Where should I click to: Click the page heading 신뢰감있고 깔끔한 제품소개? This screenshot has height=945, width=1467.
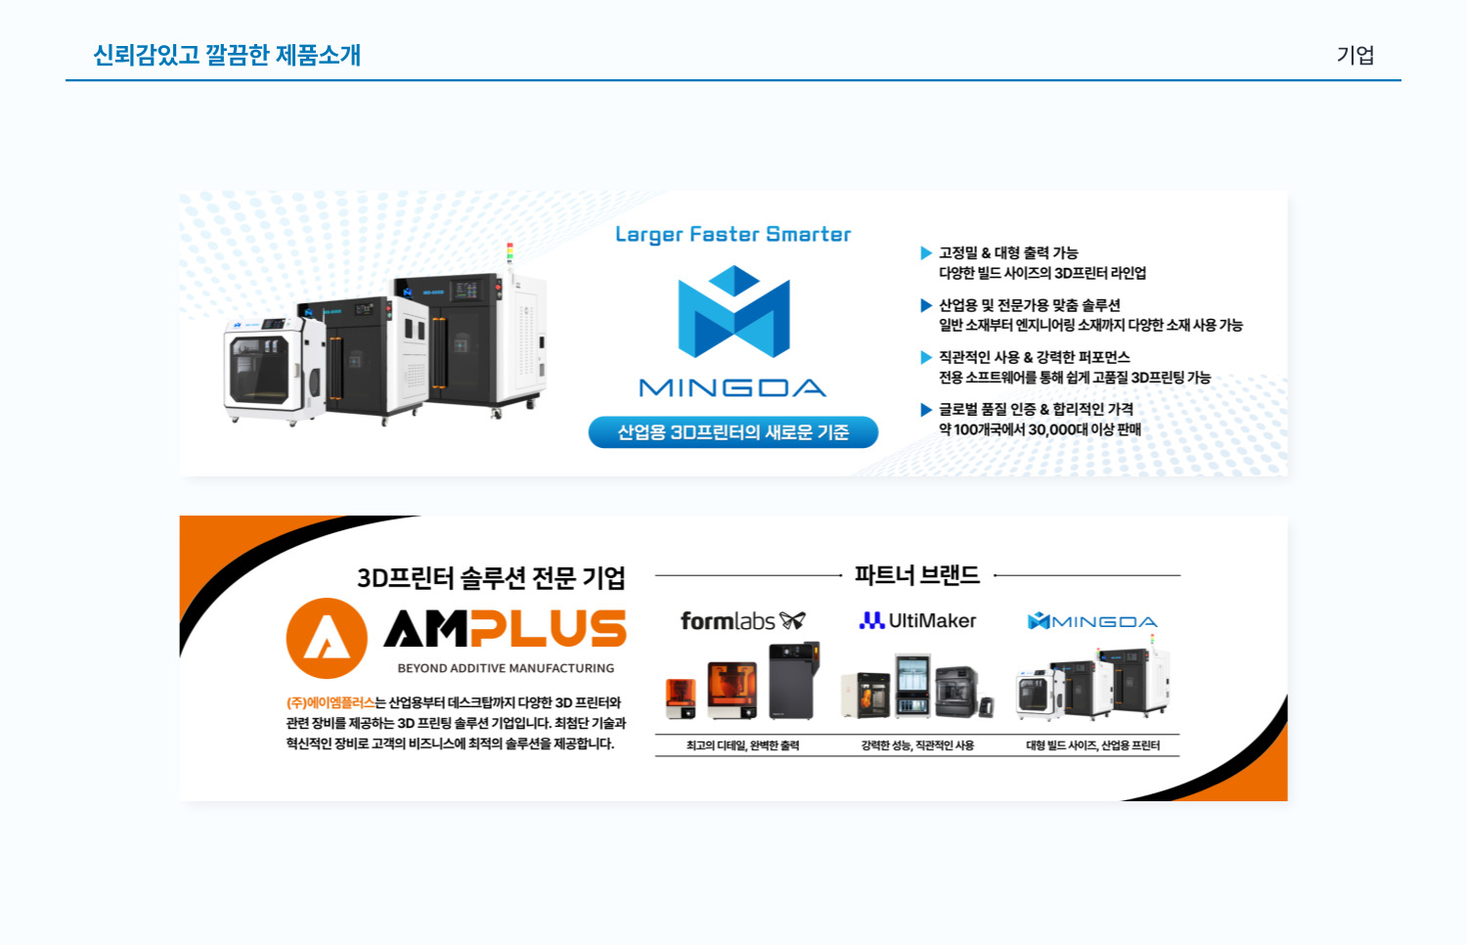tap(227, 55)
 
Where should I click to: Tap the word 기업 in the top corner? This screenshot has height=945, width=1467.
tap(1355, 56)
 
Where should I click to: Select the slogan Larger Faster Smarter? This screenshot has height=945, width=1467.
tap(733, 235)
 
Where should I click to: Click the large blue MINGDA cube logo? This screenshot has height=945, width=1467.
tap(733, 311)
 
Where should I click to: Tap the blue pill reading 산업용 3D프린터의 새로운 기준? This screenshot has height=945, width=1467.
tap(733, 432)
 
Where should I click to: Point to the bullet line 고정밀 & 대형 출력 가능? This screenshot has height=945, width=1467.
tap(1008, 252)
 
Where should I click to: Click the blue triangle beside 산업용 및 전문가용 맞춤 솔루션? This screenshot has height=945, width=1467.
tap(926, 305)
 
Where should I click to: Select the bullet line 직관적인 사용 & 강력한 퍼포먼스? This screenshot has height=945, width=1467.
tap(1034, 357)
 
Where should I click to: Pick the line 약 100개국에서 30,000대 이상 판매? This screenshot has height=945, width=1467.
tap(1040, 429)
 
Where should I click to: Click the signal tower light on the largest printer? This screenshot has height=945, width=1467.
tap(509, 252)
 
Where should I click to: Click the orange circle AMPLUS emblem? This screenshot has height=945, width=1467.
tap(327, 638)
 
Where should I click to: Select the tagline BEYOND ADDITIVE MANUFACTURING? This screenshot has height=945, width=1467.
tap(506, 668)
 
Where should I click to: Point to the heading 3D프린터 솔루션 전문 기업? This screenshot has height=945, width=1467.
tap(491, 578)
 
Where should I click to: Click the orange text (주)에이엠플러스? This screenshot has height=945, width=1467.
tap(330, 702)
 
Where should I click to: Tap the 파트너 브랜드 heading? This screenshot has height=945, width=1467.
tap(916, 575)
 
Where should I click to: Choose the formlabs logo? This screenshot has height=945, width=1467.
tap(742, 621)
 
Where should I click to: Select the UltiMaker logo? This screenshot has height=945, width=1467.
tap(917, 621)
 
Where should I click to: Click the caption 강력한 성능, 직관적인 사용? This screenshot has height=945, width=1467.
tap(917, 745)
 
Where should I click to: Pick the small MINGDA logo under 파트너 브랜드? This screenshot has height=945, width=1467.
tap(1092, 621)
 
